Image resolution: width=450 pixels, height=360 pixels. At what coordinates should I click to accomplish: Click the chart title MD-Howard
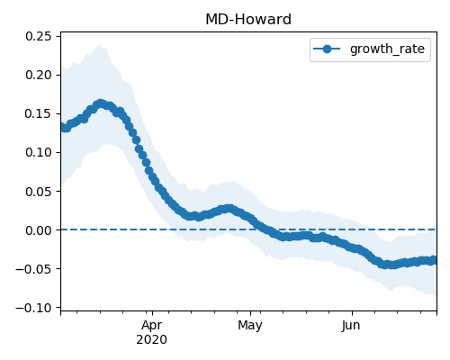coord(248,20)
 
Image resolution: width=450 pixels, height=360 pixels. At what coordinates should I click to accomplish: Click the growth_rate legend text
coord(387,49)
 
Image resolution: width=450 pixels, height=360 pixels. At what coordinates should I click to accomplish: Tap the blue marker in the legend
coord(327,49)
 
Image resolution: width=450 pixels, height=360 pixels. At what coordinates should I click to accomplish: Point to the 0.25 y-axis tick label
coord(39,36)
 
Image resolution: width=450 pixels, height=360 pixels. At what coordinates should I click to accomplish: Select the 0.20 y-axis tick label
coord(39,75)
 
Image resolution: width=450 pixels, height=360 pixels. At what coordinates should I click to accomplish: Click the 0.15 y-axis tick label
coord(39,113)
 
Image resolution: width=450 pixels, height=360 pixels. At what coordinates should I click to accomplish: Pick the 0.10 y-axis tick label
coord(39,152)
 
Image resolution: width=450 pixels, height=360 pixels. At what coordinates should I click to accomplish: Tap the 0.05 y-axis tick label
coord(39,192)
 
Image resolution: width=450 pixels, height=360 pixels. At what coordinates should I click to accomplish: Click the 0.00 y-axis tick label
coord(39,230)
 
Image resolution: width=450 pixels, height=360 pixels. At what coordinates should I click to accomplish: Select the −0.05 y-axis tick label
coord(33,269)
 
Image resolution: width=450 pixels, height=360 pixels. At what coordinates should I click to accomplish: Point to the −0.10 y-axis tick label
coord(33,308)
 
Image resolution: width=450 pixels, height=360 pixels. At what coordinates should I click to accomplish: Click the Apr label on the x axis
coord(152,326)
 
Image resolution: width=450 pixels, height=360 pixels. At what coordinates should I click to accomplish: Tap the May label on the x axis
coord(250,326)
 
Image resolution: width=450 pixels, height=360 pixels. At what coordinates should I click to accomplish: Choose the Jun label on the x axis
coord(351,326)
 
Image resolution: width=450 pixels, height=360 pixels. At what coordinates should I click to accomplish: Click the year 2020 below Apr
coord(151,340)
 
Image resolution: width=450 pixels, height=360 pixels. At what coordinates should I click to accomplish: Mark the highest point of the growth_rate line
coord(100,103)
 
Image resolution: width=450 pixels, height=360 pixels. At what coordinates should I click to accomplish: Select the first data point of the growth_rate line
coord(63,127)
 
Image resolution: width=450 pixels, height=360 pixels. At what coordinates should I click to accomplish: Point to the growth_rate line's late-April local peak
coord(229,209)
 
